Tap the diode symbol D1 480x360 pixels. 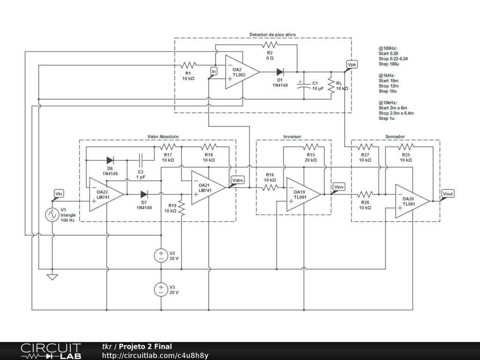coord(280,72)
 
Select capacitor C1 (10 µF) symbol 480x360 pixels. coord(303,85)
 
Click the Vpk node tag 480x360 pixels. coord(352,64)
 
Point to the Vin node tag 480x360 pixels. coord(59,194)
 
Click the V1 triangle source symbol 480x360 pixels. coord(52,215)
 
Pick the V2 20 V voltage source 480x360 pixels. coord(161,255)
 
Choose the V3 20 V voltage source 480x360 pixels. coord(161,289)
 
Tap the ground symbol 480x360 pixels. coord(52,277)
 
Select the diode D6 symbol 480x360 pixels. coord(110,160)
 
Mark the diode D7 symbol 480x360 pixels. coord(144,194)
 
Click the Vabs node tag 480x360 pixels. coord(238,180)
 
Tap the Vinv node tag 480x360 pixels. coord(338,187)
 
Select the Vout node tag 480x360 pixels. coord(448,194)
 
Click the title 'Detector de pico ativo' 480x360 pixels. coord(272,35)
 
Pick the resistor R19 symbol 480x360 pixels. coord(181,207)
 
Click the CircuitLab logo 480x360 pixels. coord(51,351)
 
